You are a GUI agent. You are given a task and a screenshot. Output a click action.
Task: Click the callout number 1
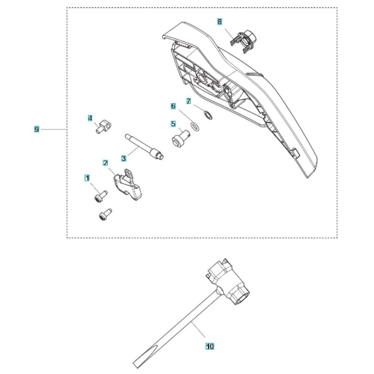[x=87, y=178]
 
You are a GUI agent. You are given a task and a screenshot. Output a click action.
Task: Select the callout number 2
[x=105, y=163]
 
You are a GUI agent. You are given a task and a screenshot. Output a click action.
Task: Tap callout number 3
[x=123, y=158]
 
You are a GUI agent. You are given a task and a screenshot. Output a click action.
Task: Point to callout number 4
[x=90, y=118]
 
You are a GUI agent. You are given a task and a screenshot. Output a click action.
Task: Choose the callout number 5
[x=174, y=124]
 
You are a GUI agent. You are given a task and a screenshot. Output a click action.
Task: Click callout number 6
[x=174, y=106]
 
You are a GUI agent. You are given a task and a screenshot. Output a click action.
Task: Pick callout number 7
[x=188, y=101]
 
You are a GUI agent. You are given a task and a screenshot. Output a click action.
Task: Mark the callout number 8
[x=220, y=22]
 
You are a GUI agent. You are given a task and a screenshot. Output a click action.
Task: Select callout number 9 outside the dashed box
[x=37, y=129]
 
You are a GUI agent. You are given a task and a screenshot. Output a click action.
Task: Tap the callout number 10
[x=210, y=346]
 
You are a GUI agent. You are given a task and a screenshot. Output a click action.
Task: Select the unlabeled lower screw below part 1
[x=105, y=214]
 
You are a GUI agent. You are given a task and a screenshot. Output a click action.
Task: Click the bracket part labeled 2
[x=128, y=185]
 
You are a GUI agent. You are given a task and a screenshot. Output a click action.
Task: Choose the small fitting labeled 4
[x=104, y=127]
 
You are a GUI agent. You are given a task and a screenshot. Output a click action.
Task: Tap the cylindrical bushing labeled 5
[x=181, y=138]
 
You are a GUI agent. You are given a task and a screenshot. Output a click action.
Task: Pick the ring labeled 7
[x=208, y=115]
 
